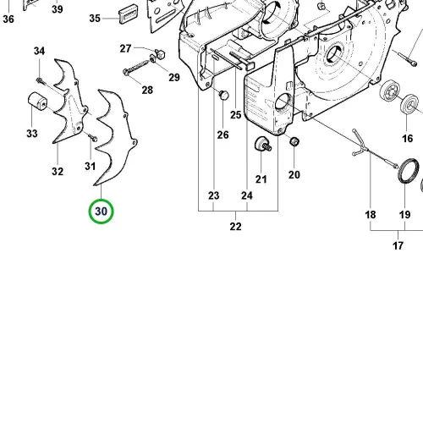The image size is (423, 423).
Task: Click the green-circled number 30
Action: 101,211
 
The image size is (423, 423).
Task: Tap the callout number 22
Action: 235,227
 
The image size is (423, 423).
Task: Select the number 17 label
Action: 398,245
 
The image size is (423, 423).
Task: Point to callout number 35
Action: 95,19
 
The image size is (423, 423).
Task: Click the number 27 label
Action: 125,48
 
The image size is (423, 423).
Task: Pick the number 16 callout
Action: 407,139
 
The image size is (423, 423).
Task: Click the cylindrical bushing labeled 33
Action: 37,100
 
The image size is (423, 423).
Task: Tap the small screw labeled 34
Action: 40,80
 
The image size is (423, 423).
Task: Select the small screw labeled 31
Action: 93,138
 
